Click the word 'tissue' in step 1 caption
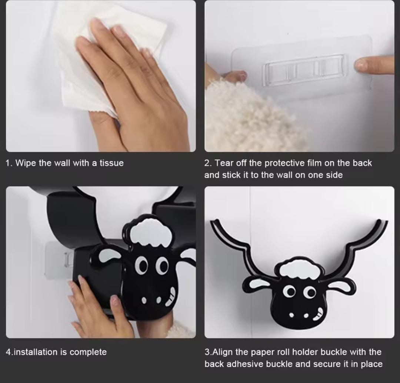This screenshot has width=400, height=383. (111, 163)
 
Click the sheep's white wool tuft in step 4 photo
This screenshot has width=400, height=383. (150, 233)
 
